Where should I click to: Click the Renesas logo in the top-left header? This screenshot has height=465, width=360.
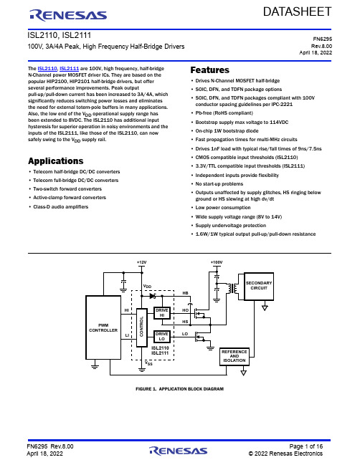coord(68,16)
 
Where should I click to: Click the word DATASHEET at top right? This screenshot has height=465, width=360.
coord(297,12)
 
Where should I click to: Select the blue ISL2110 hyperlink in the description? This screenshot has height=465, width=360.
coord(47,69)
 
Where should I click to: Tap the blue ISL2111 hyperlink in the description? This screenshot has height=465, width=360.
coord(69,69)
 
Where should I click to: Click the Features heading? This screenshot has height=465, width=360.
coord(210,70)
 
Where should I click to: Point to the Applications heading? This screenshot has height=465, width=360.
coord(56,161)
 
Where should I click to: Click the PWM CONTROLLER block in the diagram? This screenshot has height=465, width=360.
coord(103,327)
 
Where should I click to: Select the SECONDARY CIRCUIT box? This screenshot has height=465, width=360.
coord(259,286)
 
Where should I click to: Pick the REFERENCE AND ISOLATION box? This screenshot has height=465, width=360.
coord(235,356)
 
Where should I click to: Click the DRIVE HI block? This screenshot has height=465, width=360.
coord(162,313)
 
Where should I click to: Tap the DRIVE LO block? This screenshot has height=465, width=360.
coord(162,336)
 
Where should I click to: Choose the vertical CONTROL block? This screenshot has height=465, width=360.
coord(141,327)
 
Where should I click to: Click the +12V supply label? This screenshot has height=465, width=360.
coord(141,262)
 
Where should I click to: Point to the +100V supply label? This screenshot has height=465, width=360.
coord(217,262)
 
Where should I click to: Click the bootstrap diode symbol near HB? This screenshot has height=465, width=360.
coord(153,296)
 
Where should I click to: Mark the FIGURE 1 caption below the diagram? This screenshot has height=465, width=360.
coord(179,389)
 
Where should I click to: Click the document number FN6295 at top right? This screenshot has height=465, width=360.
coord(323,39)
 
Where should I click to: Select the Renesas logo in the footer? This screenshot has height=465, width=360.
coord(179,451)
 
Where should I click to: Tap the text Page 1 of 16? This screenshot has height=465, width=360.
coord(306,446)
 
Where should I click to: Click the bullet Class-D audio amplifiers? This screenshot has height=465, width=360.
coord(60,206)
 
